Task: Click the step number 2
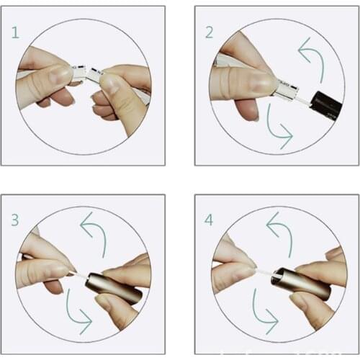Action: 210,32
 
